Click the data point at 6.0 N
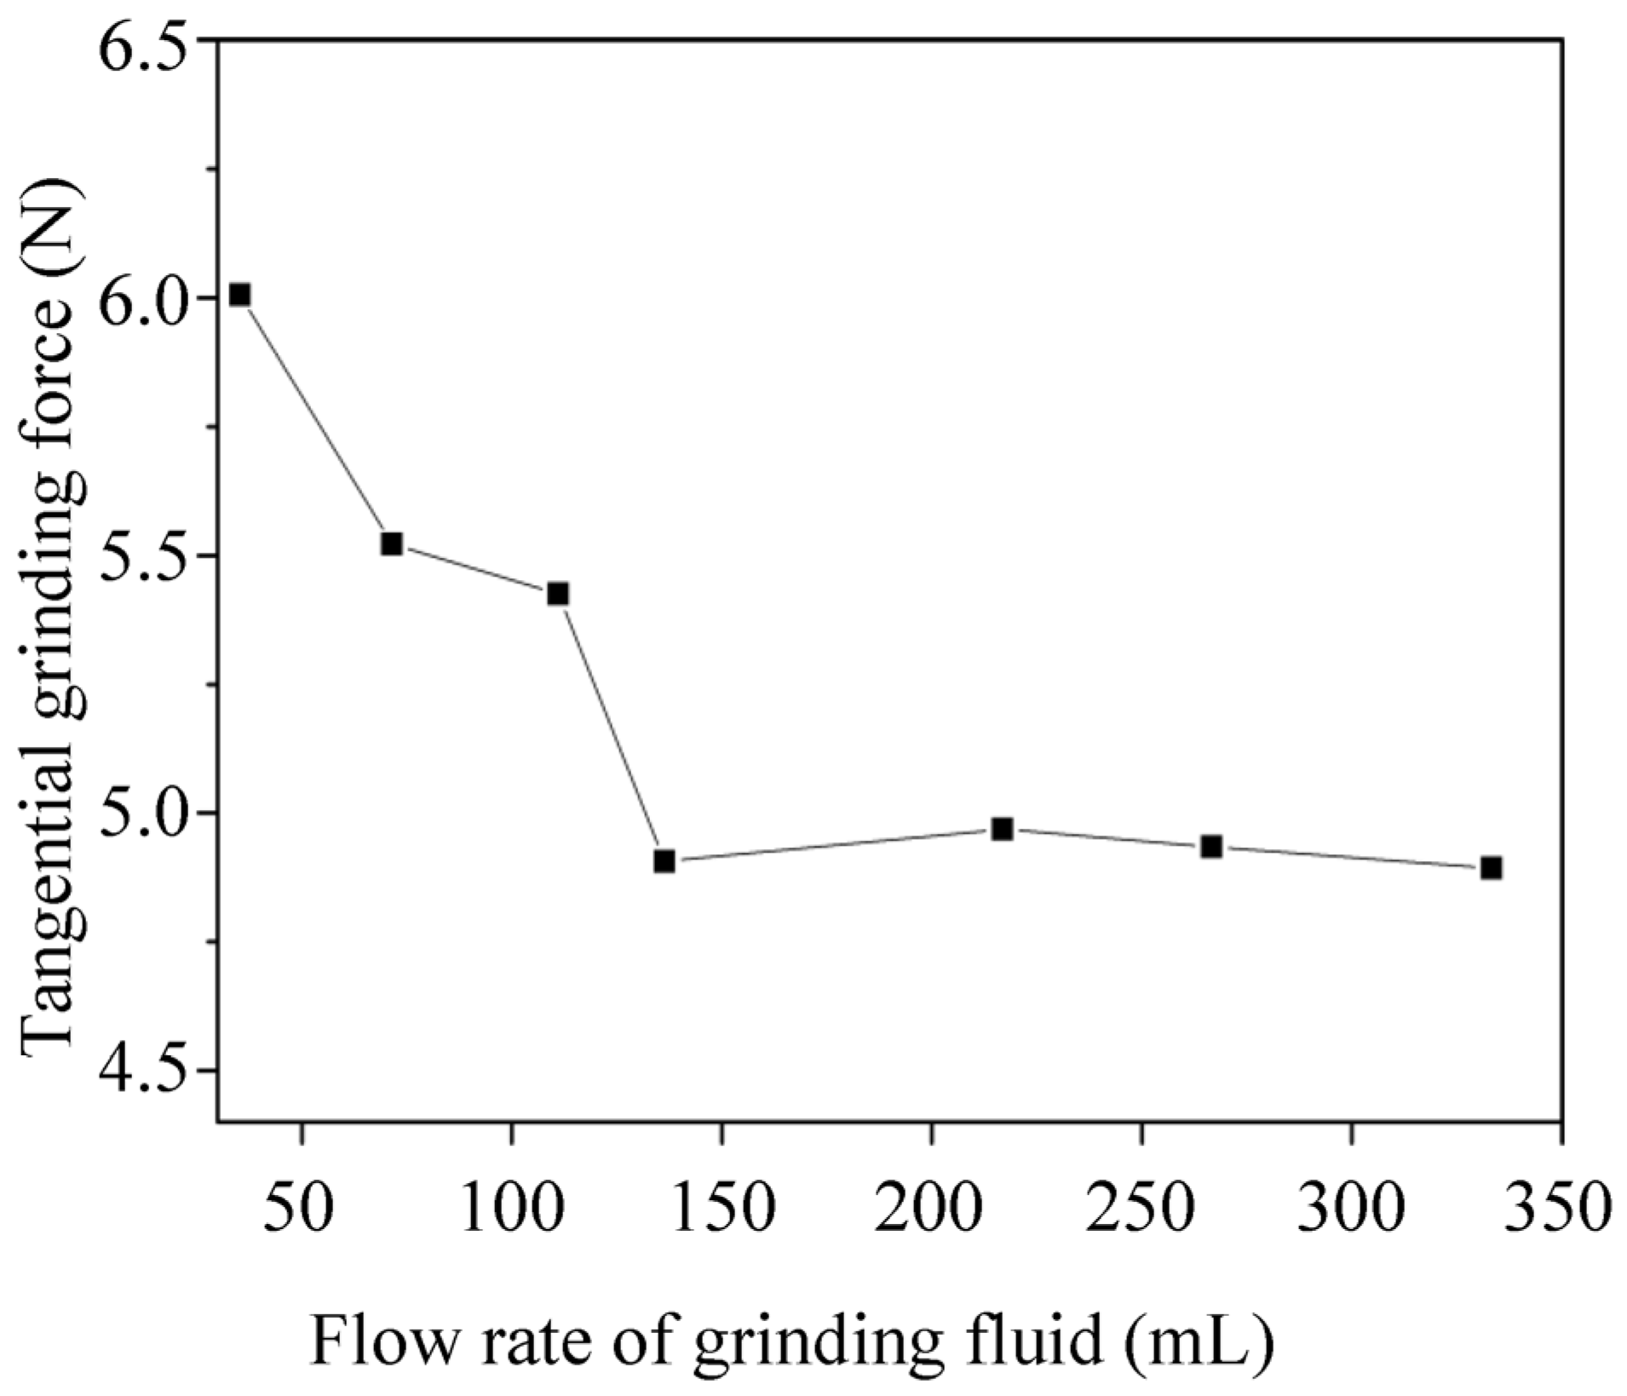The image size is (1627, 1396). point(240,295)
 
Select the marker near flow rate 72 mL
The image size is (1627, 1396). point(391,543)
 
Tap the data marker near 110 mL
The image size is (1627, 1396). point(558,594)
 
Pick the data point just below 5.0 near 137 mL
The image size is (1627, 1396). point(664,861)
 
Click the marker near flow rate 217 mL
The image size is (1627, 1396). point(1003,829)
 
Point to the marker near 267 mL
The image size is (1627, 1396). point(1211,847)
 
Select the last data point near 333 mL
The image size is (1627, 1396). point(1491,868)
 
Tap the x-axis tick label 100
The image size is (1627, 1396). point(512,1209)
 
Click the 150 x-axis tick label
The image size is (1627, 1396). point(722,1209)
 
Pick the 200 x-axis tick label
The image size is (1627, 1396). point(931,1209)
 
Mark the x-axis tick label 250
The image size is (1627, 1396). point(1141,1209)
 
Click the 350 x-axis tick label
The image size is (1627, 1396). point(1559,1209)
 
